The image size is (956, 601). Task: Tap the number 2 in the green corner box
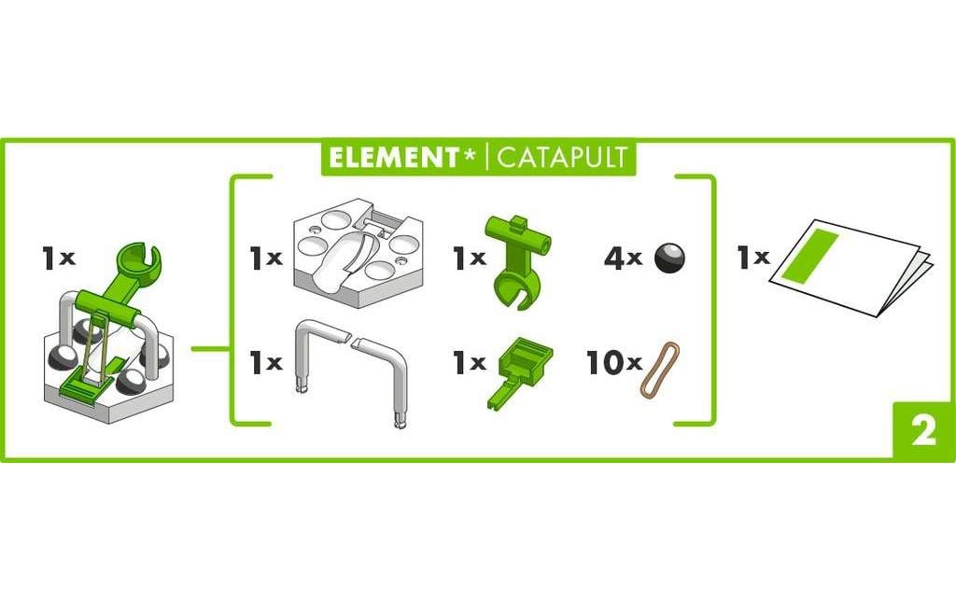tap(923, 433)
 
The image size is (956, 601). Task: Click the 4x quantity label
tap(623, 259)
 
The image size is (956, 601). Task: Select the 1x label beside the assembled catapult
tap(58, 259)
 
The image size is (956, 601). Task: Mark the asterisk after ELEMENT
tap(470, 154)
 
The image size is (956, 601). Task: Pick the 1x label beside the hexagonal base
tap(265, 259)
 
